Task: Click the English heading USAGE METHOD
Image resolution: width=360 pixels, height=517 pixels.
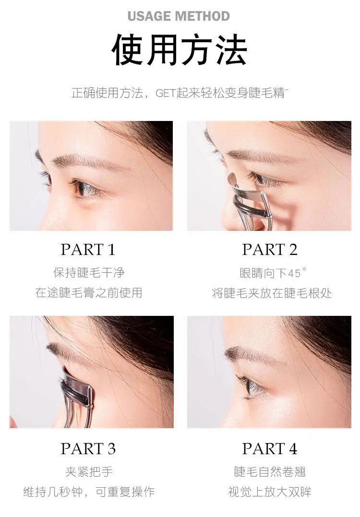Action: (179, 16)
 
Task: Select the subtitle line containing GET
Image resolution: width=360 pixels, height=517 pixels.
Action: (180, 93)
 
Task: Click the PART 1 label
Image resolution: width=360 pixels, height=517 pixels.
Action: (88, 250)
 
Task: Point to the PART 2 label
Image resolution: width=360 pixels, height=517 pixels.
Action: (270, 250)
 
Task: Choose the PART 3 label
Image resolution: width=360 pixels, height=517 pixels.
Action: (88, 449)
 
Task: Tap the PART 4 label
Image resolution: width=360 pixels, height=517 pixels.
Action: (270, 449)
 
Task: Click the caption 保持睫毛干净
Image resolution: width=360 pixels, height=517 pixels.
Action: (89, 273)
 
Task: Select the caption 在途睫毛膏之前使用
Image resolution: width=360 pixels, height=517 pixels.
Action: (89, 292)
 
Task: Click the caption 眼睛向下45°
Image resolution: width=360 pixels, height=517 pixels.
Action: (273, 273)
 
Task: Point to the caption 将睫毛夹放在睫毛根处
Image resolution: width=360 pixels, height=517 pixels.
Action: (272, 293)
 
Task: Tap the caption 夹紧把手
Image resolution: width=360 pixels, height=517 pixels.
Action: (89, 471)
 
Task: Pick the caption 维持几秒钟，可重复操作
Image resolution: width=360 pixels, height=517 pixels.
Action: (89, 492)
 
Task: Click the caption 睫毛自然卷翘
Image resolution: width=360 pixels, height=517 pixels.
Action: (270, 471)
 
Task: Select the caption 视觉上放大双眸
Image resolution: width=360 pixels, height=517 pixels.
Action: (270, 492)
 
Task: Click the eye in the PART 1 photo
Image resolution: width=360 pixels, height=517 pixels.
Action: (83, 188)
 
